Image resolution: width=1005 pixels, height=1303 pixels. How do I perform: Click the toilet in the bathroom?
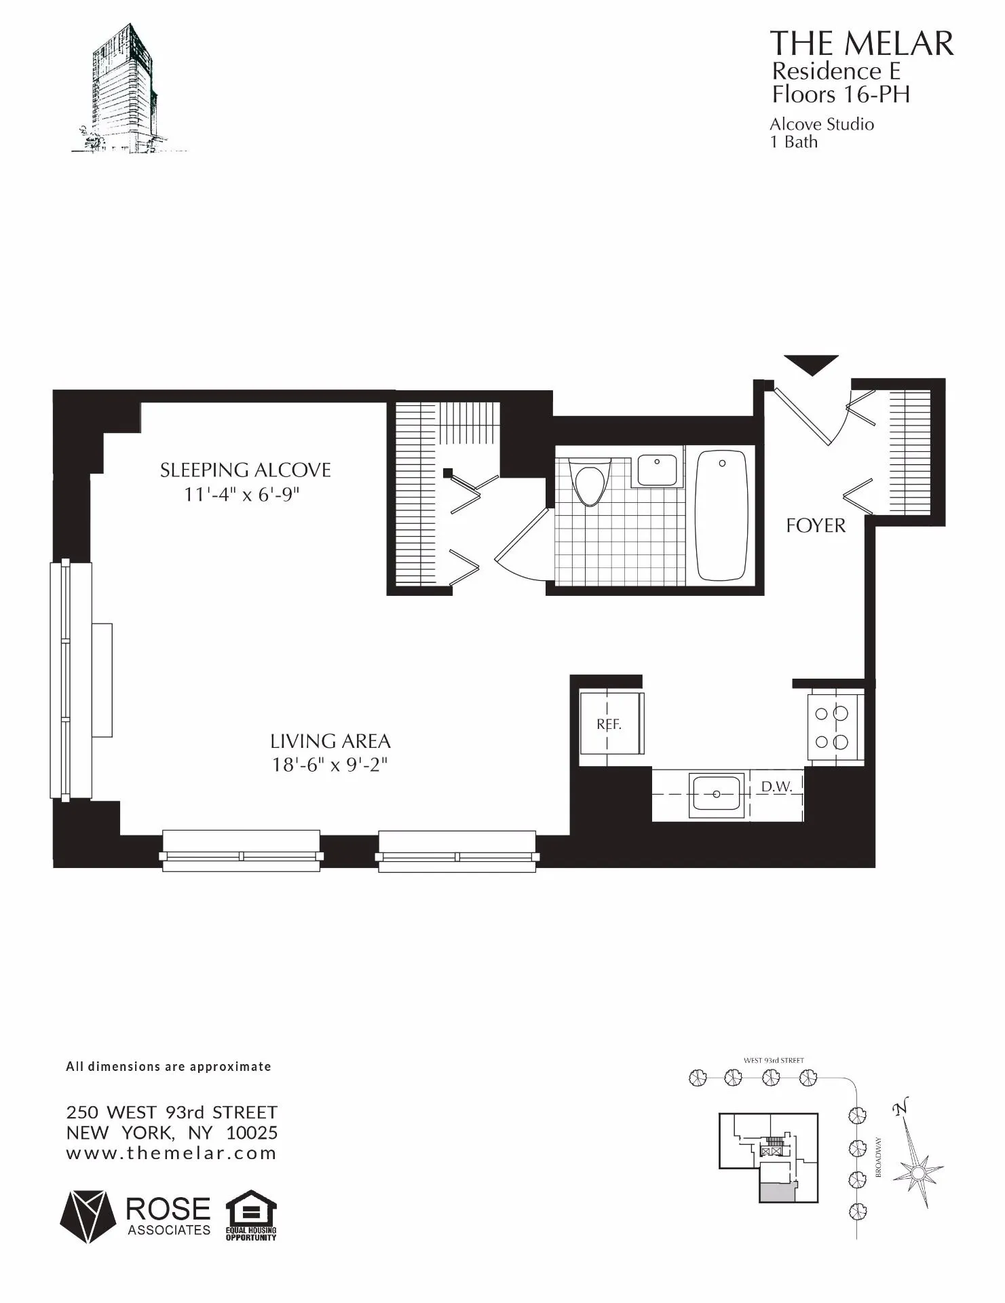pos(589,483)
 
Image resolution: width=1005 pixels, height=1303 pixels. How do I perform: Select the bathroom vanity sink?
pos(657,470)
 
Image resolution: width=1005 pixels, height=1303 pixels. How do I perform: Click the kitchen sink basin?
pos(716,793)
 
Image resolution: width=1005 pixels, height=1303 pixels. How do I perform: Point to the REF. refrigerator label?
pos(609,724)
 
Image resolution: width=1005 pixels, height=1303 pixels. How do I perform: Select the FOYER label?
pos(816,526)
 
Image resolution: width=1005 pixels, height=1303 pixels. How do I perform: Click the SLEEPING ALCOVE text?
pos(245,470)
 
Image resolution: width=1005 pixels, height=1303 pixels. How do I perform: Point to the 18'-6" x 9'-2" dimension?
pos(330,765)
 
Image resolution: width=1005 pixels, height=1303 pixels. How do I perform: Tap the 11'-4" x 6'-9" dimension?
pos(242,495)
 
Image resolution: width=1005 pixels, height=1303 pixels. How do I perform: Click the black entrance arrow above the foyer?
pos(811,364)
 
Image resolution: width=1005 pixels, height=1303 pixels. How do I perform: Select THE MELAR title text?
pos(861,44)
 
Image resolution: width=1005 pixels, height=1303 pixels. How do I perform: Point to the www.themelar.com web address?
pos(171,1153)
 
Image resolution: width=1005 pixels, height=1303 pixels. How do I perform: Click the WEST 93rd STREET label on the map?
pos(774,1060)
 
